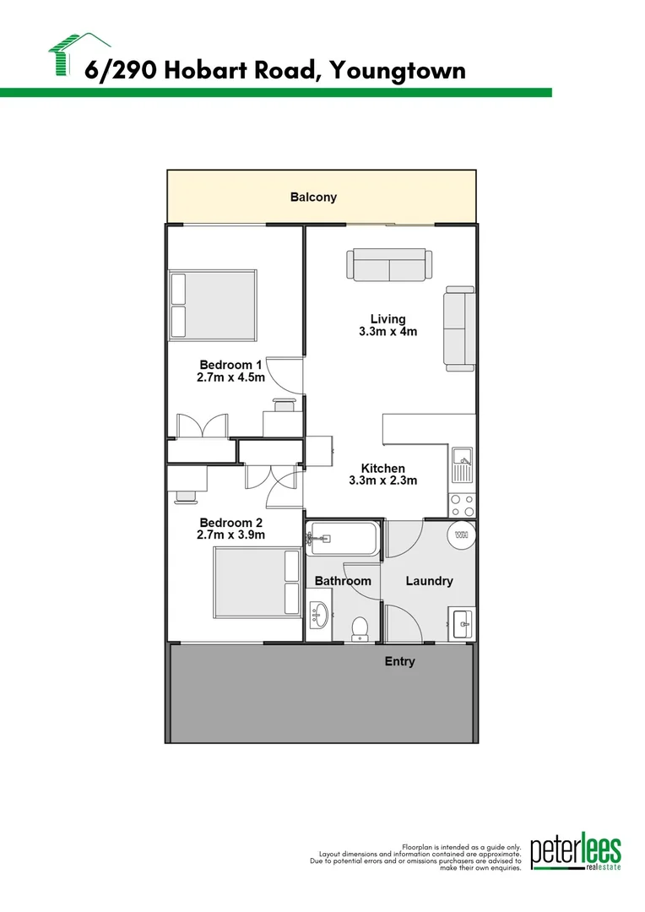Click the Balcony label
coord(313,198)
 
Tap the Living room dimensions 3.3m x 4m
coord(388,332)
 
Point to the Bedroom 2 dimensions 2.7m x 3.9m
coord(230,535)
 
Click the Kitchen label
coord(382,469)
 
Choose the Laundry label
coord(429,581)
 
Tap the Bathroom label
coord(343,581)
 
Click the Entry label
coord(399,661)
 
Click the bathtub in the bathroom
coord(343,539)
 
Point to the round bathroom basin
coord(320,615)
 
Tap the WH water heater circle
coord(461,535)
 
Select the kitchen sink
coord(462,464)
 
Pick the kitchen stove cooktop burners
coord(462,505)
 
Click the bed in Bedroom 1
coord(213,304)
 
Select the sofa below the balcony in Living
coord(389,265)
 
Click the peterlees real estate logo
coord(575,855)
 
